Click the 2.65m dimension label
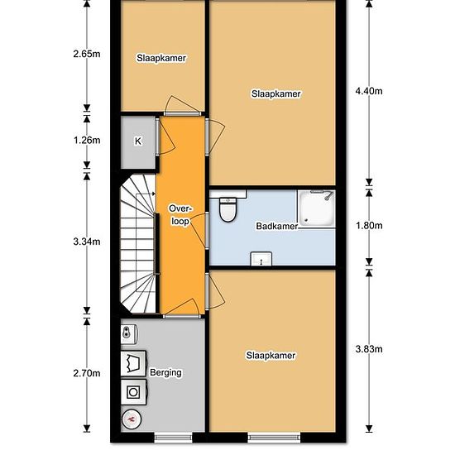coord(87,54)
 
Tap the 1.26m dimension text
coord(87,141)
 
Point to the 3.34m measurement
coord(87,242)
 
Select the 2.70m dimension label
coord(87,373)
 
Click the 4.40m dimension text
coord(369,91)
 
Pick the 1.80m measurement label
coord(369,226)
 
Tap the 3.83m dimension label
coord(369,349)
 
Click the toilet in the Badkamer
coord(227,209)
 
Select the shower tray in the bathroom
coord(316,208)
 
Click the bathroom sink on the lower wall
coord(261,259)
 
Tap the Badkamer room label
coord(277,227)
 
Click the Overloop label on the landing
coord(181,215)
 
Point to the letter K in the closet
coord(138,141)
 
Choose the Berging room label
coord(165,372)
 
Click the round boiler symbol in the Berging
coord(132,419)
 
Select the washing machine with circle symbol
coord(133,392)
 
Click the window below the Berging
coord(173,438)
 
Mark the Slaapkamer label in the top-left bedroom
coord(161,58)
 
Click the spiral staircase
coord(138,244)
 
